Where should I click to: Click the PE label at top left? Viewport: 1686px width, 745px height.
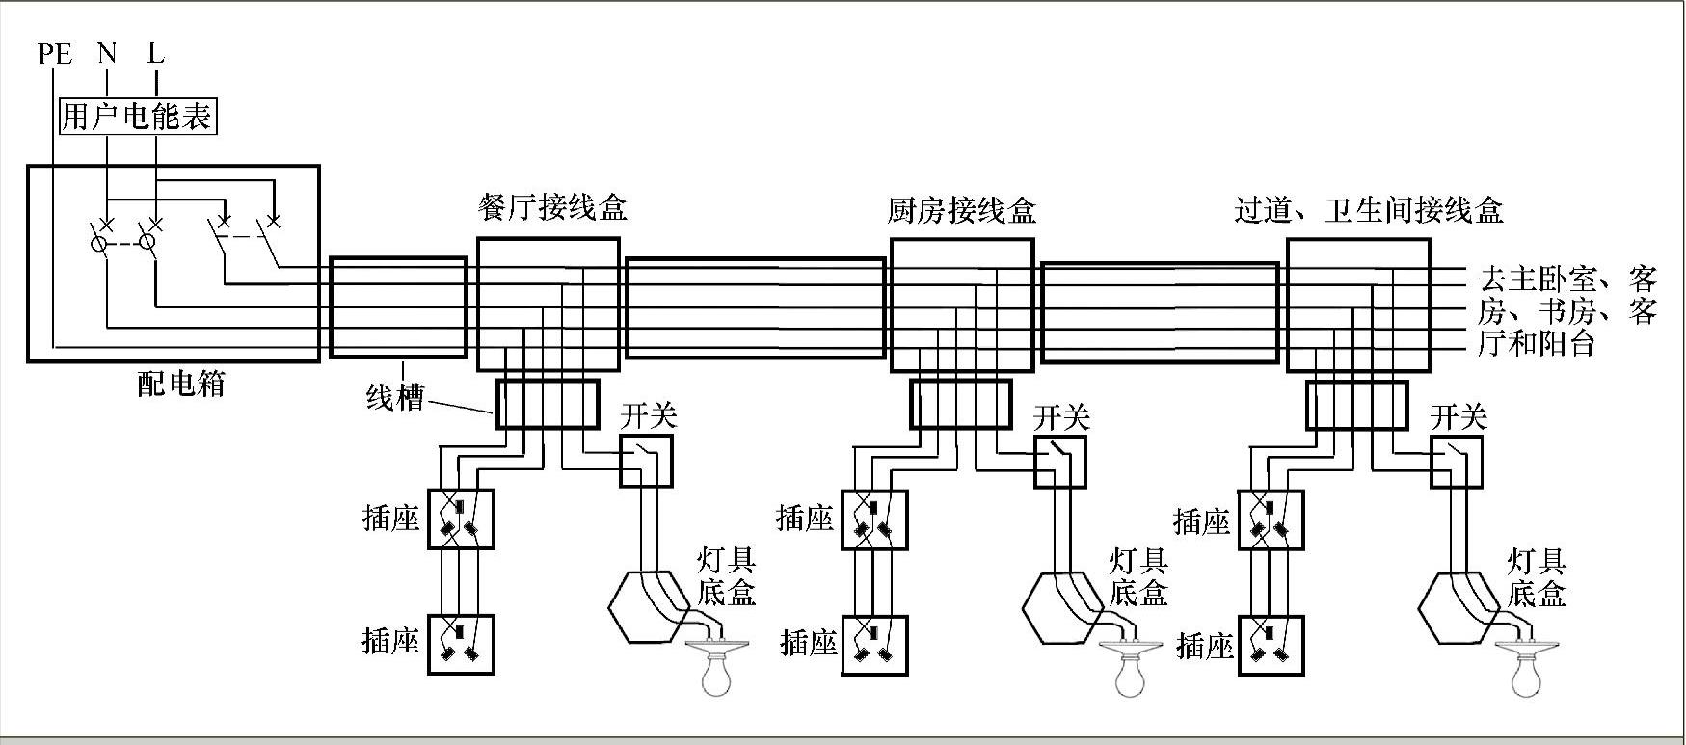55,53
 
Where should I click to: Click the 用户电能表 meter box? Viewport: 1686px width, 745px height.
136,117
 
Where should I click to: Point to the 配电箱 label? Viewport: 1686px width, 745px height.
180,385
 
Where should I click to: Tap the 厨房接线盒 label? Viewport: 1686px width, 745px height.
961,210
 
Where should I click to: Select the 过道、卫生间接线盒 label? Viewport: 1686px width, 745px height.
1369,210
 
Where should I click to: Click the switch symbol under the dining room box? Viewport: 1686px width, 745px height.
645,462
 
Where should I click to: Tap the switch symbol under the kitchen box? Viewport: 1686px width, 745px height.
1060,463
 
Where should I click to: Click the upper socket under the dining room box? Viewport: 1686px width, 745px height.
461,519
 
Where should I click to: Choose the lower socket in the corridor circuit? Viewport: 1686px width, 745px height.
1271,645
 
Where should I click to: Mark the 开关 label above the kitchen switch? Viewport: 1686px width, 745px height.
1061,417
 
